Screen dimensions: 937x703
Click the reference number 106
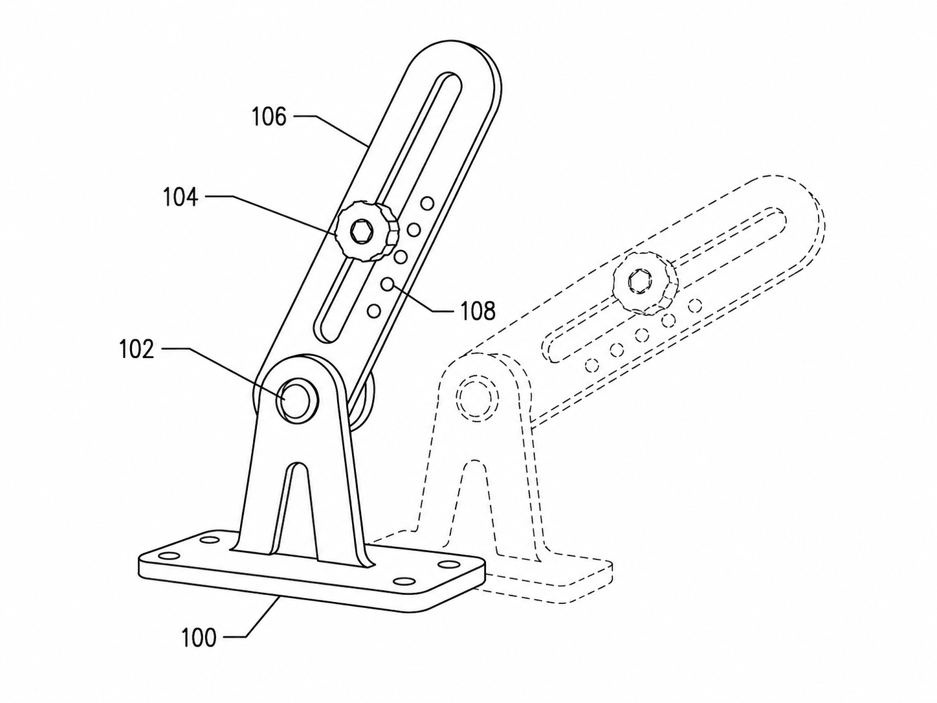click(269, 117)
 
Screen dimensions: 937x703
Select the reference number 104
click(181, 197)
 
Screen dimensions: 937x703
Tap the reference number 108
click(478, 310)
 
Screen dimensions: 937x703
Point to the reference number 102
click(136, 350)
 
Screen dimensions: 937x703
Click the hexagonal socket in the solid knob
click(361, 232)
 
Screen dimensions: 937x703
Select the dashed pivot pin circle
click(478, 397)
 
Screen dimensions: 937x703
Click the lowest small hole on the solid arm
click(373, 311)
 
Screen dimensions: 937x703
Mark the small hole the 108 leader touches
click(387, 284)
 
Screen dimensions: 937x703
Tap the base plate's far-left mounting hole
click(170, 556)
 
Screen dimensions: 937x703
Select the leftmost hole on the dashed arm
click(591, 365)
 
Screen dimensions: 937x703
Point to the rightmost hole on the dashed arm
click(695, 306)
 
